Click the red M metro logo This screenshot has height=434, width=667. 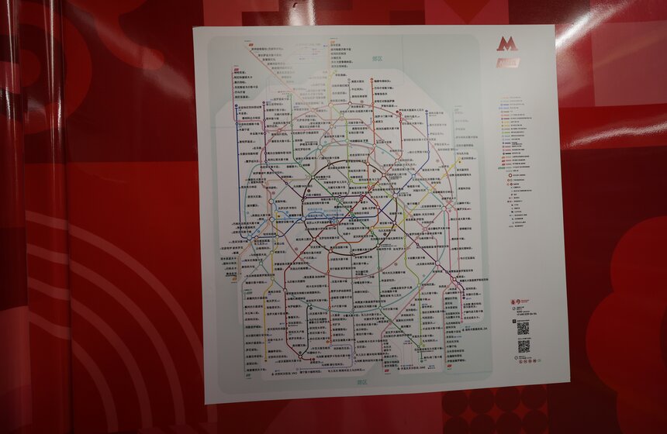tap(506, 44)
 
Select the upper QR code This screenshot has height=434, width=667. tap(523, 328)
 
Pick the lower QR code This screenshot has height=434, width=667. tap(524, 346)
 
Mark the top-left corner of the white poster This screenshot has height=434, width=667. tap(194, 29)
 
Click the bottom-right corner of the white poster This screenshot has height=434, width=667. tap(569, 383)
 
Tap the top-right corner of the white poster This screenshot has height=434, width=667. tap(555, 26)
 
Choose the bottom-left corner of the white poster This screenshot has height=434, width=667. tap(206, 403)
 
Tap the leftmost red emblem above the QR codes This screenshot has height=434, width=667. tap(513, 301)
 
